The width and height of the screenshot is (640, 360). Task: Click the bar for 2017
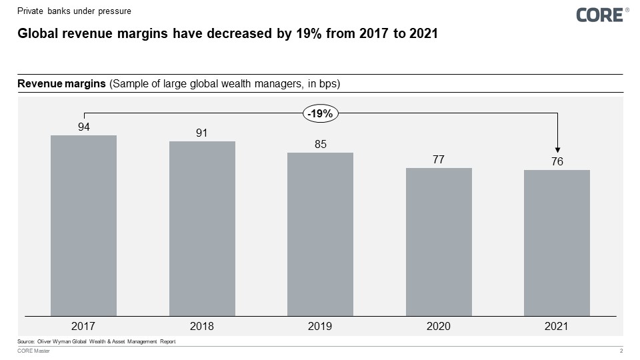[x=83, y=225]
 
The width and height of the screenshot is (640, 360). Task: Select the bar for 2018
[x=202, y=228]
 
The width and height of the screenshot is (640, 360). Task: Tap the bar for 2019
[x=320, y=234]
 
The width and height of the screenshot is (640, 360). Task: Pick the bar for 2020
[x=439, y=241]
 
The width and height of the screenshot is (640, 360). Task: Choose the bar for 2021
[x=557, y=243]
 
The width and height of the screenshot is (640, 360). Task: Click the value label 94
[x=84, y=126]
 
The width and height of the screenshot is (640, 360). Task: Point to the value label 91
[x=202, y=133]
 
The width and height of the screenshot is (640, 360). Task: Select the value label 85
[x=320, y=144]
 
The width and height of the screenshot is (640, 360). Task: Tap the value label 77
[x=439, y=159]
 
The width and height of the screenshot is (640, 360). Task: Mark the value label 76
[x=557, y=161]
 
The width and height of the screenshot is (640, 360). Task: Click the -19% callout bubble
[x=321, y=113]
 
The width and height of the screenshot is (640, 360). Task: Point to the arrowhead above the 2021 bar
[x=557, y=151]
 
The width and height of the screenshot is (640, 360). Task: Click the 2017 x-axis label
[x=83, y=326]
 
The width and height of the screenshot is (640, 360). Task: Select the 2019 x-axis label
[x=320, y=326]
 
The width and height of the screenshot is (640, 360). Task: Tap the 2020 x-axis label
[x=439, y=326]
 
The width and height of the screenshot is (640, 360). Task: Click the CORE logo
[x=599, y=15]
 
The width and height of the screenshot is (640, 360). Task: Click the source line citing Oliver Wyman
[x=96, y=341]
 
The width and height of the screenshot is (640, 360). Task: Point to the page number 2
[x=621, y=351]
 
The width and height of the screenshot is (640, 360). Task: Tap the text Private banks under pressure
[x=74, y=11]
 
